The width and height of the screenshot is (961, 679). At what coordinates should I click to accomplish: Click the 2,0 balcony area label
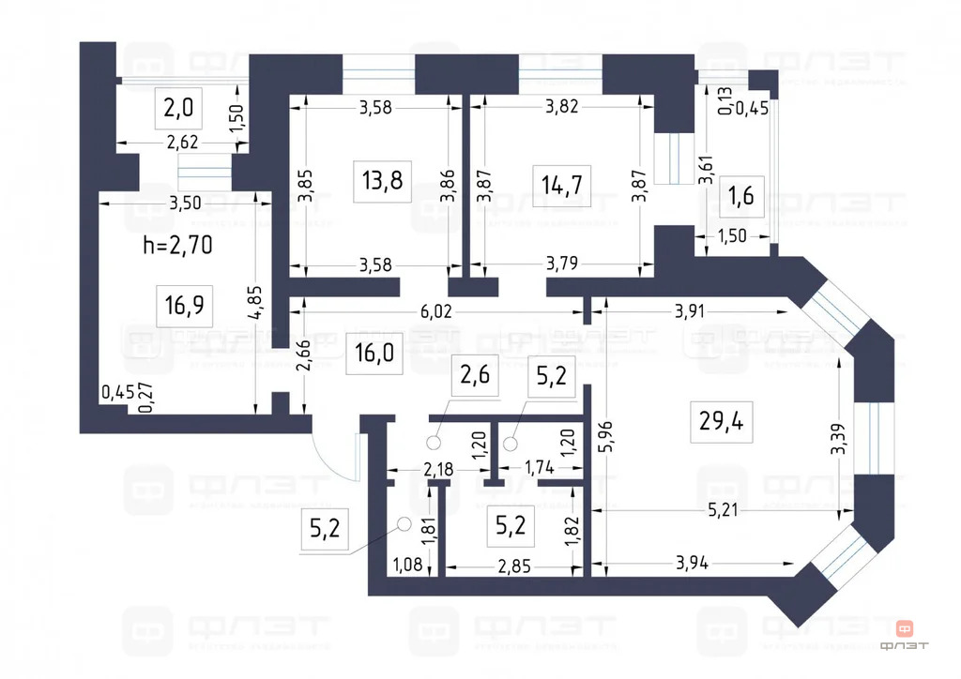[x=178, y=110]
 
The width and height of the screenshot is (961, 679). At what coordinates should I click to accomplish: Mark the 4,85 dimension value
[x=266, y=302]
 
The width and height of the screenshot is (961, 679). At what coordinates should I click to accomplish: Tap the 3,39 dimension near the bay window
[x=839, y=439]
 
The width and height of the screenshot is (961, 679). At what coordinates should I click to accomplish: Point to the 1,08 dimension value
[x=407, y=566]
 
